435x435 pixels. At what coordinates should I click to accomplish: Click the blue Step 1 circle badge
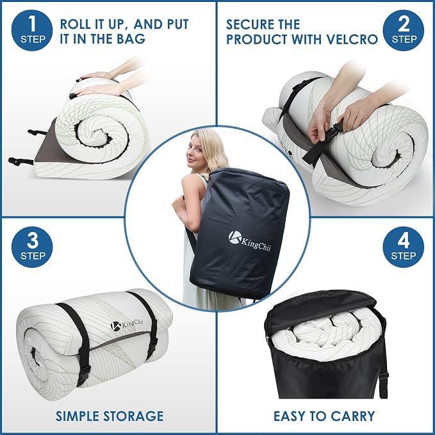32,31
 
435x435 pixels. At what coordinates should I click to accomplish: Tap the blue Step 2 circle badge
403,31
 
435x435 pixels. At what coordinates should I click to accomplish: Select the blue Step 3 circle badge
32,247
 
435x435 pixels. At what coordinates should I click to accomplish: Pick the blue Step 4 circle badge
403,247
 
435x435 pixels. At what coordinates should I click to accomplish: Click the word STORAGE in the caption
133,416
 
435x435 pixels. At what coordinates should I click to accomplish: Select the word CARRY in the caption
353,416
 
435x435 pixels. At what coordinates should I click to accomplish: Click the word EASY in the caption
290,416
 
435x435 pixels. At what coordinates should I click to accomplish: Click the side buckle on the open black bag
383,375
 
